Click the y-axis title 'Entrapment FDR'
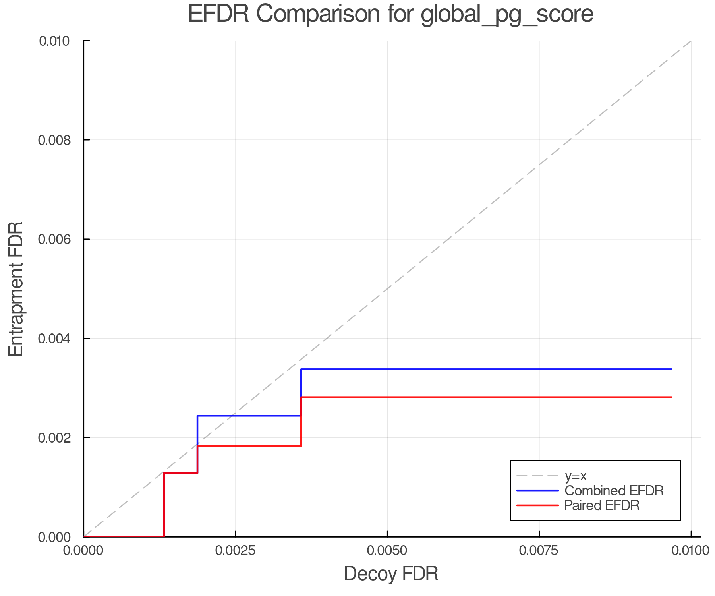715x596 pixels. (16, 289)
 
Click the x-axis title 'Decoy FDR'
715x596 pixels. (391, 574)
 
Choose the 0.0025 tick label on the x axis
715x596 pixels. (236, 551)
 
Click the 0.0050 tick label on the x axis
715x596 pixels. (387, 551)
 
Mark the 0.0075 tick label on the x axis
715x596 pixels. (539, 551)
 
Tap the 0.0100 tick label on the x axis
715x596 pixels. (691, 551)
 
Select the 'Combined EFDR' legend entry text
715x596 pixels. (614, 491)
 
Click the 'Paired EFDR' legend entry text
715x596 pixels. (602, 505)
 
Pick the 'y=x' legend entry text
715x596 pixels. (576, 476)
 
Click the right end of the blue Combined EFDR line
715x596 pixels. (671, 369)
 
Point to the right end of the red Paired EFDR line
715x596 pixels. (671, 397)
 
